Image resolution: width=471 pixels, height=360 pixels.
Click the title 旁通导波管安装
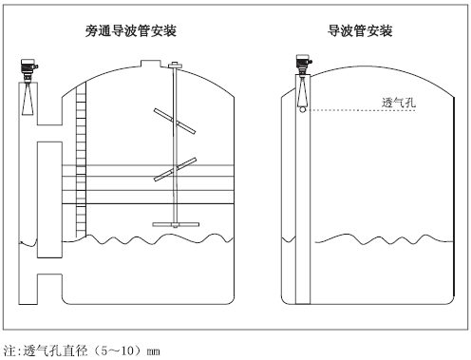coord(131,31)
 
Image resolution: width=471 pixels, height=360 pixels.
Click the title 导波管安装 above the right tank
coord(360,31)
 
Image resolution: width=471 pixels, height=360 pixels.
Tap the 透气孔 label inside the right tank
coord(399,103)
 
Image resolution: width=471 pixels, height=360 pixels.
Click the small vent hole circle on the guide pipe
coord(303,109)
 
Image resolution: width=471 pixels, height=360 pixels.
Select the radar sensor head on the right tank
coord(304,63)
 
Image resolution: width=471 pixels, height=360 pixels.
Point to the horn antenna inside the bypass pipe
coord(28,97)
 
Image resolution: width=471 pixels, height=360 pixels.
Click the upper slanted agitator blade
coord(175,121)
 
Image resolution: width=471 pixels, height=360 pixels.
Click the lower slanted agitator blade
coord(175,169)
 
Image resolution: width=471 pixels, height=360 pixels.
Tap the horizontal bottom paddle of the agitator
coord(176,225)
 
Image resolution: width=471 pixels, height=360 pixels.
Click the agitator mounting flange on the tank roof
coord(175,66)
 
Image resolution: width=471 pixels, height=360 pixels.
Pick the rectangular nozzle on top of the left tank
coord(151,64)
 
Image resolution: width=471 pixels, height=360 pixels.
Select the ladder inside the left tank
coord(81,160)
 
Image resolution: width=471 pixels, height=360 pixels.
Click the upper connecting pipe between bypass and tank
coord(49,133)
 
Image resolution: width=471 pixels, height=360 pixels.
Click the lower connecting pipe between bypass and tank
coord(49,265)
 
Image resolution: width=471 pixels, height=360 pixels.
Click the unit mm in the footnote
coord(153,351)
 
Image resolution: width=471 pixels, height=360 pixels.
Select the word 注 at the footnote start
coord(9,351)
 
